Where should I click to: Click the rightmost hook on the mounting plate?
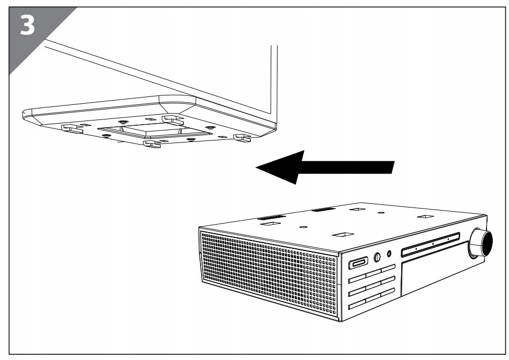coord(241,137)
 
